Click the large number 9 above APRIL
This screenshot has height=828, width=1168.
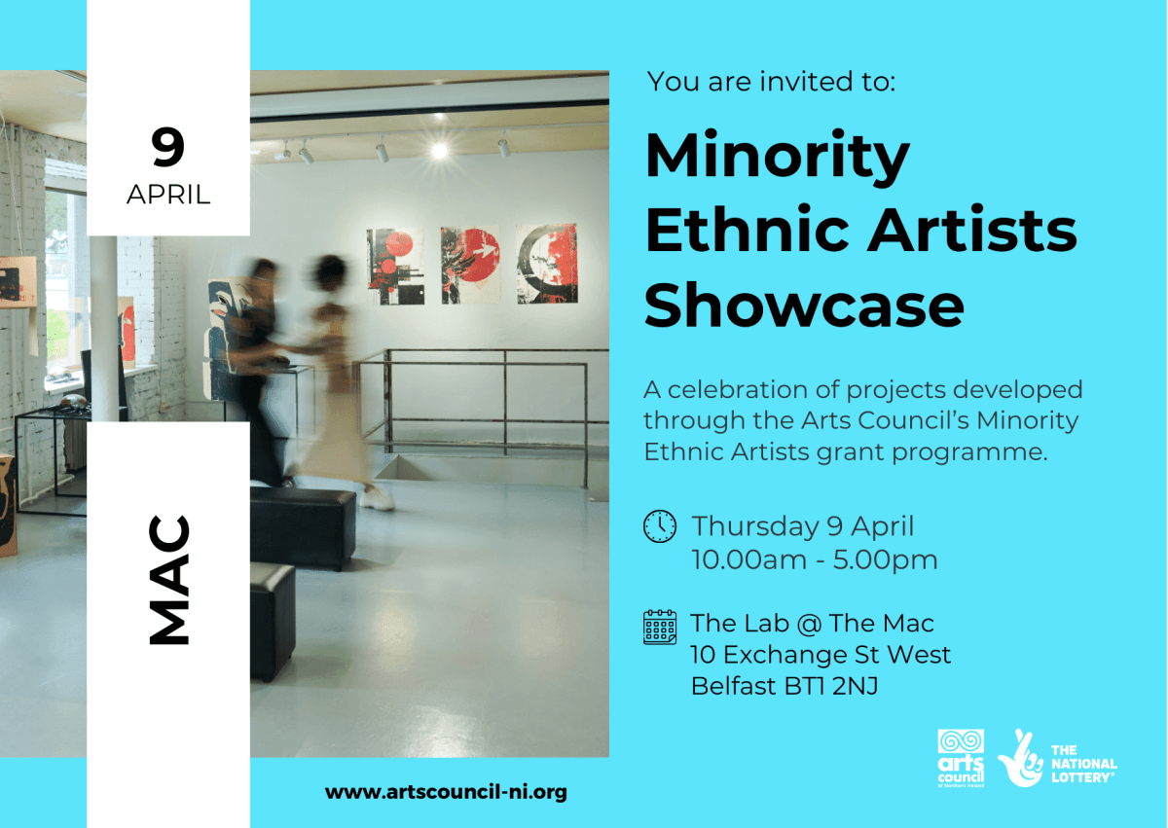(167, 149)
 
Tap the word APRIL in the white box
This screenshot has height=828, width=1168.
(168, 194)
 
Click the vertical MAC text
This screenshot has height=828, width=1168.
(168, 580)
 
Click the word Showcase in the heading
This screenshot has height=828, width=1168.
(804, 306)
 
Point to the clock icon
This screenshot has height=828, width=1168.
(660, 526)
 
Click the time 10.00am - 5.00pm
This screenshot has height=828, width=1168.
(815, 560)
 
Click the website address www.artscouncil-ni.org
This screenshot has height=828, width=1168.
(446, 792)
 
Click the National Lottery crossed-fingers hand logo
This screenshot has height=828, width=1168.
(1021, 758)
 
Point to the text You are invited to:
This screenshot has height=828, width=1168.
(771, 82)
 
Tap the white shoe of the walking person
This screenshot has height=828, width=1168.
(378, 500)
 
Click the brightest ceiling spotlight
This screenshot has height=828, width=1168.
(439, 150)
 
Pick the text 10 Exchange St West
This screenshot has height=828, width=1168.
(821, 655)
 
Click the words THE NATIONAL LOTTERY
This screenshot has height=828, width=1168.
(1083, 764)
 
